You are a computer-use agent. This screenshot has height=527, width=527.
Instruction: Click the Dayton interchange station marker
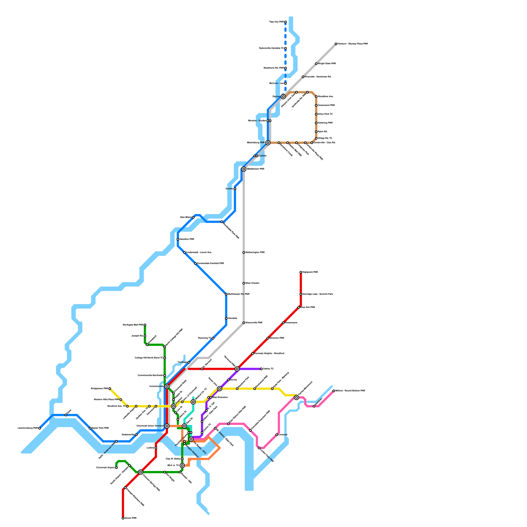coord(283,97)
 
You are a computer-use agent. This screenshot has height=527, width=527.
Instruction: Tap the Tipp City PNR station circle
coord(286,22)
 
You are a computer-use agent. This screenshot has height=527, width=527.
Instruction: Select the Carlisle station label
coord(263,156)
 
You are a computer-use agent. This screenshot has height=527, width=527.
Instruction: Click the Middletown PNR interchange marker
coord(244,169)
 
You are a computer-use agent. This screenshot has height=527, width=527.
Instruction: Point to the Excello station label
coord(229,189)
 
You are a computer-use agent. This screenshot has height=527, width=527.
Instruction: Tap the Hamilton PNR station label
coord(187,239)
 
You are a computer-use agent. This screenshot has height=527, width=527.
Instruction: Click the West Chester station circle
coord(244,283)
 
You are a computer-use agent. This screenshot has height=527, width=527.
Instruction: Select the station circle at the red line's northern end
coord(301,272)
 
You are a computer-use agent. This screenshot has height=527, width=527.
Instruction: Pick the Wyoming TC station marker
coord(213,338)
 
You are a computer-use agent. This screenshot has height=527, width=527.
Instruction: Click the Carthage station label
coord(182,362)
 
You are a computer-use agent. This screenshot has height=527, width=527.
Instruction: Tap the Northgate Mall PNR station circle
coord(145,325)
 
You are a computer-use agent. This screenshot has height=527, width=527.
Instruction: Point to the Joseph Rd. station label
coord(137,336)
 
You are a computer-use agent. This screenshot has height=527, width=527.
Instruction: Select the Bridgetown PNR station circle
coord(110,389)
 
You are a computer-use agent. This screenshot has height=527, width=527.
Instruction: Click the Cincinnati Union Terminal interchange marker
coord(167,426)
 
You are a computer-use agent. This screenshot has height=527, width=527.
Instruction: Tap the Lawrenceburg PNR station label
coord(28,428)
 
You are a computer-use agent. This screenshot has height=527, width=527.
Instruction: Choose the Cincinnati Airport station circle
coord(116,468)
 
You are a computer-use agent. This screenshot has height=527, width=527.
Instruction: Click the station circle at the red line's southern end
coord(123,518)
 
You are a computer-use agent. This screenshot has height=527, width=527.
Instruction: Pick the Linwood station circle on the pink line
coord(277,435)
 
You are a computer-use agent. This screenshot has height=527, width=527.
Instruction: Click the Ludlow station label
coord(151,448)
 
